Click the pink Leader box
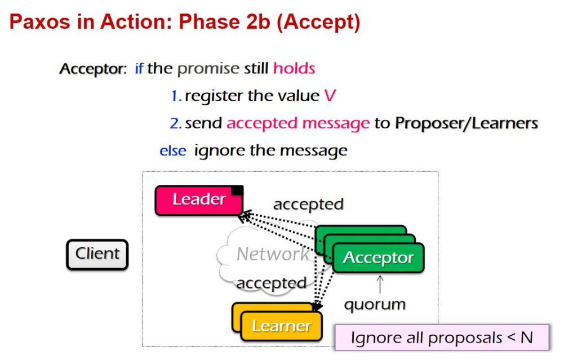198,200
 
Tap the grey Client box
97,254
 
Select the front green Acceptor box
378,258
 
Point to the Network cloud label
272,254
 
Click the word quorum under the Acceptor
375,305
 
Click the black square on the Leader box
237,190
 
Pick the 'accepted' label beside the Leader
308,204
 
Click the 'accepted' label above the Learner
271,283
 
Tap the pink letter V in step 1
330,96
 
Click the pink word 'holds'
294,69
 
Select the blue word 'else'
172,151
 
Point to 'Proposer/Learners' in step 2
467,123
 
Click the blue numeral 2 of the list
175,123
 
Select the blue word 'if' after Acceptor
139,69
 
